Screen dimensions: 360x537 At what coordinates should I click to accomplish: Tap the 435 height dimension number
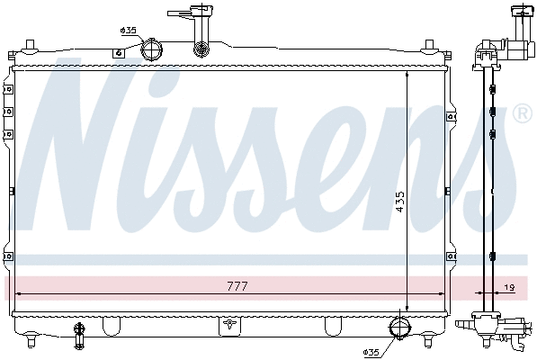coord(400,205)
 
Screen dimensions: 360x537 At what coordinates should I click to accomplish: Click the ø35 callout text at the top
coord(128,31)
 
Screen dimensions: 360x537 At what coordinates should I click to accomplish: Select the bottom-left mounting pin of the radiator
coord(33,339)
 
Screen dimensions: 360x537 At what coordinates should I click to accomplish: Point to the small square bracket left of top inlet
coord(117,52)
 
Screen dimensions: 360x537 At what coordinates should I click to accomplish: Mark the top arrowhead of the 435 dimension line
coord(407,77)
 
